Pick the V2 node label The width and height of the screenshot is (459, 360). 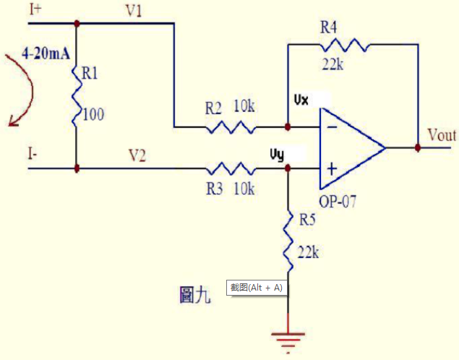click(137, 154)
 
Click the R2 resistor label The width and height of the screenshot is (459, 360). click(213, 108)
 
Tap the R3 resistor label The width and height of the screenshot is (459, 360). click(214, 189)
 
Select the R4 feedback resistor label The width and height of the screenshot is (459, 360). click(330, 27)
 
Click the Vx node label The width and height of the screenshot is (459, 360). click(301, 100)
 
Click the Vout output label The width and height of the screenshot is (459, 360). click(442, 135)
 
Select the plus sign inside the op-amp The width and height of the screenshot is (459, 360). click(332, 169)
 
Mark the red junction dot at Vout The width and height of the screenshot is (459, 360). click(418, 147)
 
